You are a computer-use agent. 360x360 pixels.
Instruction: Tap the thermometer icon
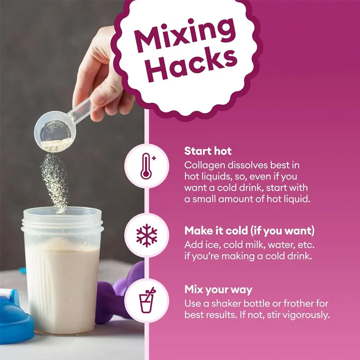pos(147,166)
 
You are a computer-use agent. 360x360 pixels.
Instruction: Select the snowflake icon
pos(147,235)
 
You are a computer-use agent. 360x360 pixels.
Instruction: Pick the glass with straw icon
pos(147,300)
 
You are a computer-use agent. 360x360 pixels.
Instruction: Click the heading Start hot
pos(208,151)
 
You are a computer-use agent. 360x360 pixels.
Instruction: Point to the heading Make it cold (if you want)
pos(250,230)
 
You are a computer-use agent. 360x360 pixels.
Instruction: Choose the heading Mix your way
pos(218,290)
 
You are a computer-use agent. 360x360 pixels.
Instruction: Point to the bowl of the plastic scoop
pos(54,131)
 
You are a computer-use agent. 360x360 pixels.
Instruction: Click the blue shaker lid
pos(14,317)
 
